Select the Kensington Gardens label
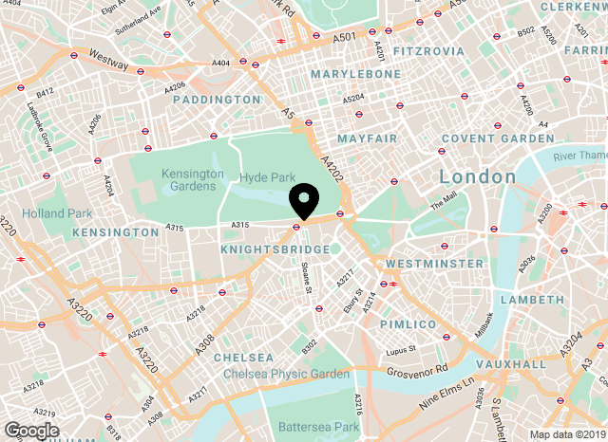[192, 181]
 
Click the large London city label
[477, 176]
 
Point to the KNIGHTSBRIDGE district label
[275, 249]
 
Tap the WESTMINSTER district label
[434, 263]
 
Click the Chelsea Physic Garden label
[286, 374]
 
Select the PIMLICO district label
[408, 324]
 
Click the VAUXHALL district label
[512, 363]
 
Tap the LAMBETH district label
[539, 299]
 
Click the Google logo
[30, 431]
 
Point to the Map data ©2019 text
[566, 434]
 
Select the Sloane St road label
[307, 276]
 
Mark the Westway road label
[106, 59]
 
